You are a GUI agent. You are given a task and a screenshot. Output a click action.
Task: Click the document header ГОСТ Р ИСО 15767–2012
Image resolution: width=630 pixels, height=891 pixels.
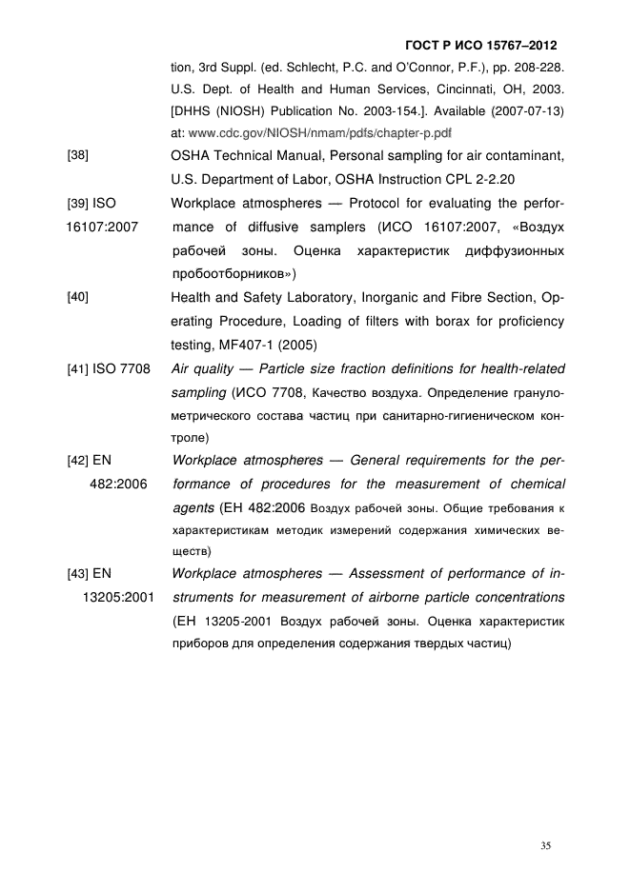[x=480, y=46]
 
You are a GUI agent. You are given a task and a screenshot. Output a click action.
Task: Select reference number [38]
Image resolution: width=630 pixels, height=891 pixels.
[x=77, y=154]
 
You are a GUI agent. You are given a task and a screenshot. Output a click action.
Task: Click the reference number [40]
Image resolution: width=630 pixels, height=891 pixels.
[x=77, y=297]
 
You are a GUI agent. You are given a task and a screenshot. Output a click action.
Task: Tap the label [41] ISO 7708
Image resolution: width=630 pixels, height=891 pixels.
[x=108, y=368]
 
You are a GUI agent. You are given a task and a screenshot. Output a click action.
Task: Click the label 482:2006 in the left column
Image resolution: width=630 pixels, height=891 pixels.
[x=118, y=483]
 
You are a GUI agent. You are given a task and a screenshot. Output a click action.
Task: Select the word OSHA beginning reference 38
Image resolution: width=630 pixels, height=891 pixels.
[x=191, y=154]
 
